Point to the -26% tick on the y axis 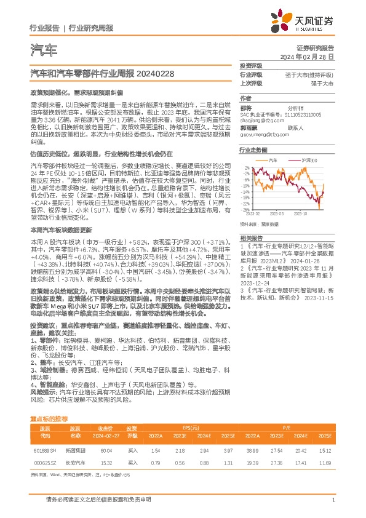tap(246, 209)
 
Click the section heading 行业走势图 tap(253, 149)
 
